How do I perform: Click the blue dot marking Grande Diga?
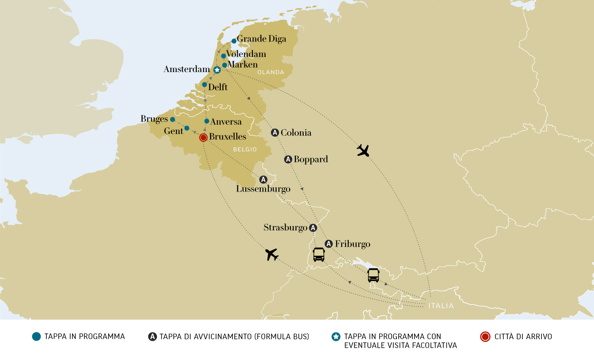click(234, 41)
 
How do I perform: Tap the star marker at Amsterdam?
click(217, 70)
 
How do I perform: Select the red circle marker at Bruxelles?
click(203, 138)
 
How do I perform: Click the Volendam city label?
click(246, 54)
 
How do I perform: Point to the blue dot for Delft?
click(204, 84)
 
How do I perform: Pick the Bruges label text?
click(154, 119)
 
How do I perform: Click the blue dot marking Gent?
click(187, 128)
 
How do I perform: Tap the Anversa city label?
click(226, 122)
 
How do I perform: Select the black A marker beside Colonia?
click(275, 132)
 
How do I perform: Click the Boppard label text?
click(311, 159)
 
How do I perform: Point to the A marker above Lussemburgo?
click(263, 180)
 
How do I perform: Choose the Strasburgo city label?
click(285, 228)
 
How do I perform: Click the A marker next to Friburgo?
click(328, 244)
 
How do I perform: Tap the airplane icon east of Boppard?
click(363, 151)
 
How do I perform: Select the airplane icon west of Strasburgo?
click(271, 254)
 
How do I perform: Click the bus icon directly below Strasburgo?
click(319, 254)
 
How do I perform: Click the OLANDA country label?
click(271, 72)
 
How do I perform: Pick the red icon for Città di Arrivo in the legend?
click(485, 337)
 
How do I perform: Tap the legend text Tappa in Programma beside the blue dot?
click(84, 337)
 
